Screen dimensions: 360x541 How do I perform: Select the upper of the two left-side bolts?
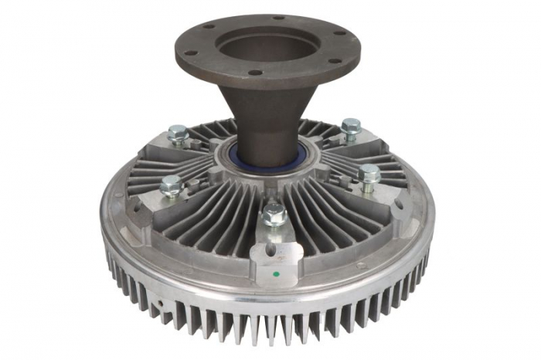[177, 132]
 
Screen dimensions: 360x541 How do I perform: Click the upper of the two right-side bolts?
[351, 125]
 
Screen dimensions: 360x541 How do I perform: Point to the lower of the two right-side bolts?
[369, 173]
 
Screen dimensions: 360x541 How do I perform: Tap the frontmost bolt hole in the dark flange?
[253, 74]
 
